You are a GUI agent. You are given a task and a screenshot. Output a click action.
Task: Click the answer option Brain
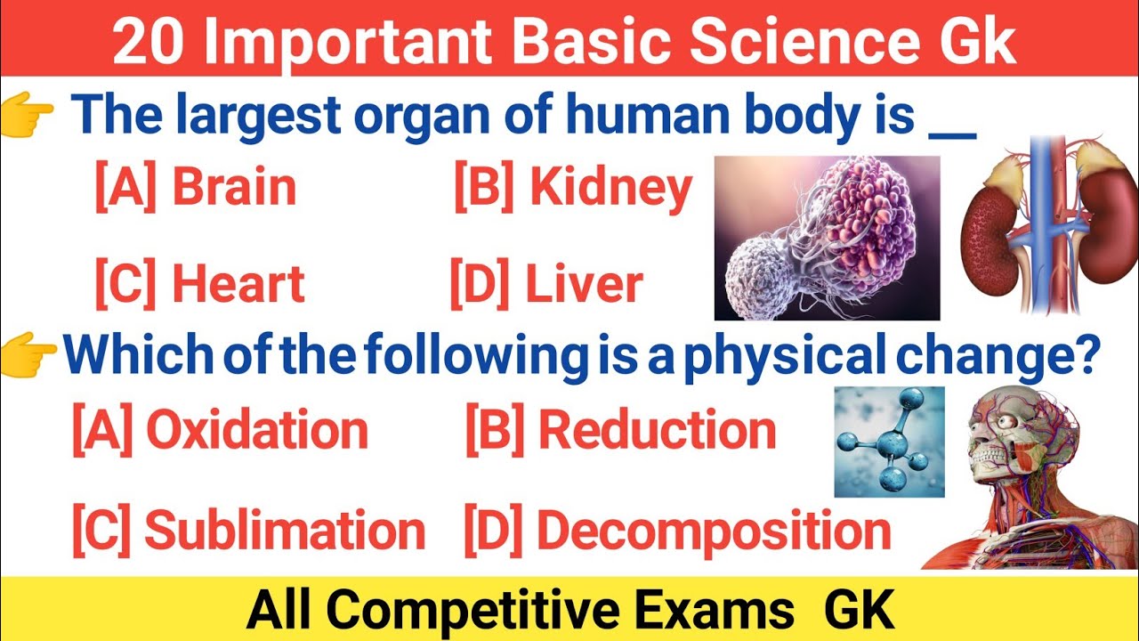click(x=196, y=188)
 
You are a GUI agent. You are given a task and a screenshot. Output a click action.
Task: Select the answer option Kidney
click(x=572, y=188)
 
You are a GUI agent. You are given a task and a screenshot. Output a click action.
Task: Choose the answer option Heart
click(x=199, y=284)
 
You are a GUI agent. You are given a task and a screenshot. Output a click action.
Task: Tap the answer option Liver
click(x=546, y=284)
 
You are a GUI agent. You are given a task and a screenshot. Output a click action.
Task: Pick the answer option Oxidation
click(x=220, y=431)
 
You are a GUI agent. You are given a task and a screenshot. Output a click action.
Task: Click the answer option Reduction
click(x=621, y=431)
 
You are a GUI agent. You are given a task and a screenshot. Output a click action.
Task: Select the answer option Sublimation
click(x=248, y=531)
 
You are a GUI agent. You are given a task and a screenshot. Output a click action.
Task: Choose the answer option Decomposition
click(x=677, y=531)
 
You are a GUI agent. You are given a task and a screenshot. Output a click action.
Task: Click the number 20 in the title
click(x=148, y=43)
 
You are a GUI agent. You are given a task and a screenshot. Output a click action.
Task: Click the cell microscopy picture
click(x=827, y=238)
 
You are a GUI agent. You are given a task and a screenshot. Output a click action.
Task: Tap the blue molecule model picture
click(x=888, y=442)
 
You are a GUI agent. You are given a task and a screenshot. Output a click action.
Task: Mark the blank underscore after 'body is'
click(x=952, y=134)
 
